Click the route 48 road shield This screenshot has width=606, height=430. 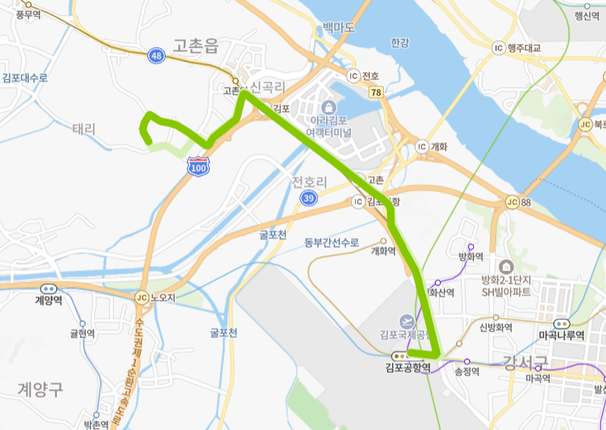[x=156, y=55]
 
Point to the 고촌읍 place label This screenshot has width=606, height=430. [x=196, y=46]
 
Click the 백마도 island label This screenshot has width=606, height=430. [x=338, y=27]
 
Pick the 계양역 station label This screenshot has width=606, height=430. [x=49, y=300]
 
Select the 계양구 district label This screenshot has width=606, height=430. [x=41, y=389]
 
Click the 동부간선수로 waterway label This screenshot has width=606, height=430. [x=331, y=242]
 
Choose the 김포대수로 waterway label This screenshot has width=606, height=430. [x=25, y=77]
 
